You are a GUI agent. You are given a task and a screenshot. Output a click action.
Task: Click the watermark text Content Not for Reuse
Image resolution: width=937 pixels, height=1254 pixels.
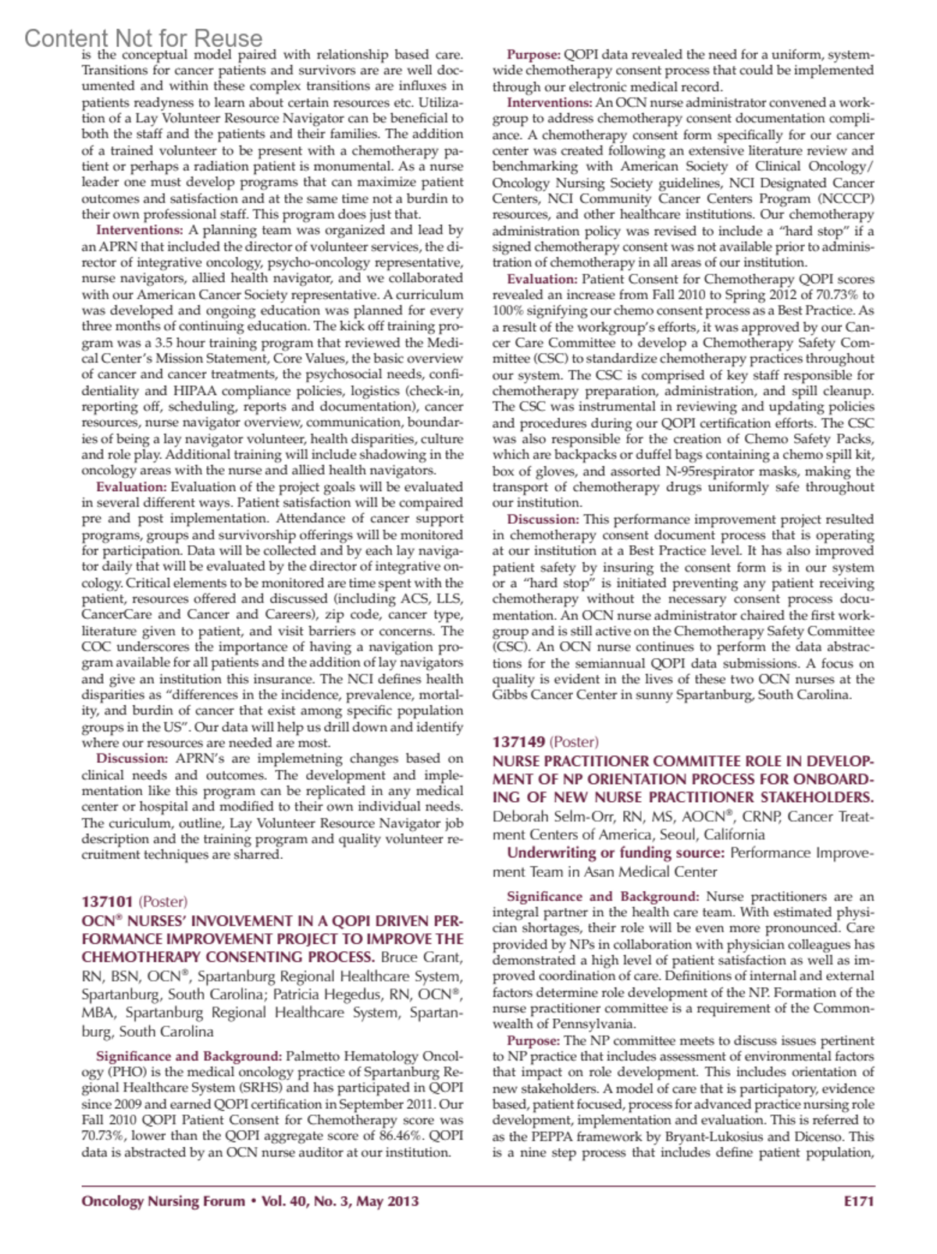click(144, 37)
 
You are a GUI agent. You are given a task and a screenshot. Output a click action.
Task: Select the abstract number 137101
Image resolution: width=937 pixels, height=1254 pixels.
click(107, 902)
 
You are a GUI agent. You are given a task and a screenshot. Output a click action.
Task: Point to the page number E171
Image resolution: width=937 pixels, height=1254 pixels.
click(859, 1201)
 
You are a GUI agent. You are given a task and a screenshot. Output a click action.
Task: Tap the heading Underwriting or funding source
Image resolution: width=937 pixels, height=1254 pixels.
click(615, 853)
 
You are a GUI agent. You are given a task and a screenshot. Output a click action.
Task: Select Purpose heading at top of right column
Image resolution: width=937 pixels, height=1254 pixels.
click(534, 55)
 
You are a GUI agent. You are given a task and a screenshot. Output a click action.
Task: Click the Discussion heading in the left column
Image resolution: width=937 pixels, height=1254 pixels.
click(132, 758)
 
